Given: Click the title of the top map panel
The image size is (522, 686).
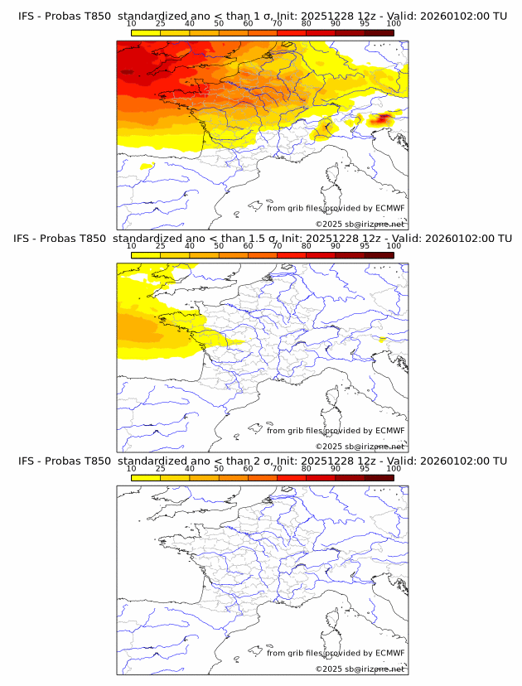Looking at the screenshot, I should (261, 16).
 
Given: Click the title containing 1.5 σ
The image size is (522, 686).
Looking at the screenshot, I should (261, 238).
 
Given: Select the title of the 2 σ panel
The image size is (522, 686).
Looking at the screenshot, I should (261, 461).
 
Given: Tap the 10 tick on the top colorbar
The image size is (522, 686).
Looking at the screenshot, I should (131, 24).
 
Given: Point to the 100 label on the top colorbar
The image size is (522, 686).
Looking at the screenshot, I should (394, 24).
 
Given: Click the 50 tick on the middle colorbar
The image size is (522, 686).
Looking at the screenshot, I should (219, 246).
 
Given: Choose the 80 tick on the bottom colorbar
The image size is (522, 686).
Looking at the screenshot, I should (307, 469).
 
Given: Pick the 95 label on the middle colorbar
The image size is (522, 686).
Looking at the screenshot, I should (365, 246).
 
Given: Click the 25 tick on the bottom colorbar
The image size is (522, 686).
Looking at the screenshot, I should (160, 469).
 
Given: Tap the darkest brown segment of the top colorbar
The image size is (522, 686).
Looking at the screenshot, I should (379, 32).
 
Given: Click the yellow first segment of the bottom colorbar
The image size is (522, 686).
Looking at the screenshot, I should (145, 477).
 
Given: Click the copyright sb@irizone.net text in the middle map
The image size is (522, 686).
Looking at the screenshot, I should (360, 446).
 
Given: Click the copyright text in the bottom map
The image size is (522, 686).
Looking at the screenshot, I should (360, 669).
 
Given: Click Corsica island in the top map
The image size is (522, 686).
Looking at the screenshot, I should (335, 176).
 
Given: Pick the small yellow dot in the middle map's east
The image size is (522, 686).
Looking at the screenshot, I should (382, 339).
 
